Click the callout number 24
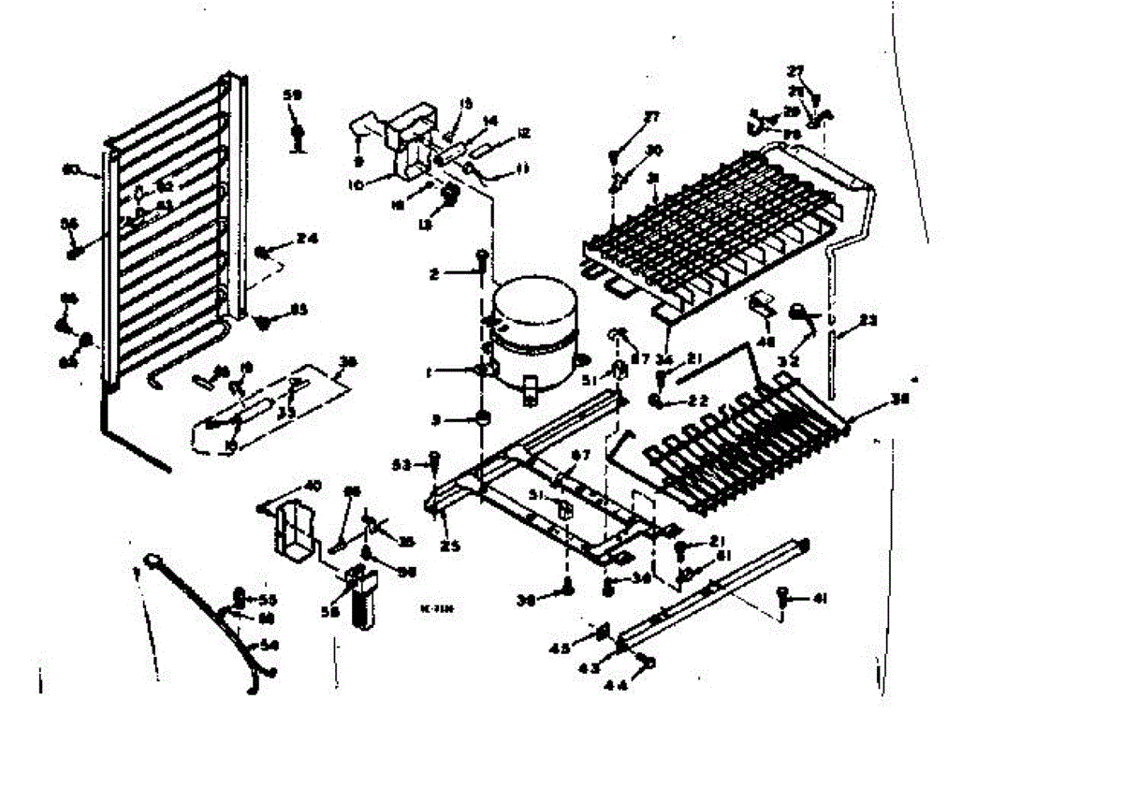(307, 239)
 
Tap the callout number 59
(293, 95)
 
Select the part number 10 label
(355, 185)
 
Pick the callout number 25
(450, 547)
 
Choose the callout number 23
(868, 321)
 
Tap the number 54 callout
(270, 645)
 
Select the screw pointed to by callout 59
(298, 137)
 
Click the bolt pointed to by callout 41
(785, 595)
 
